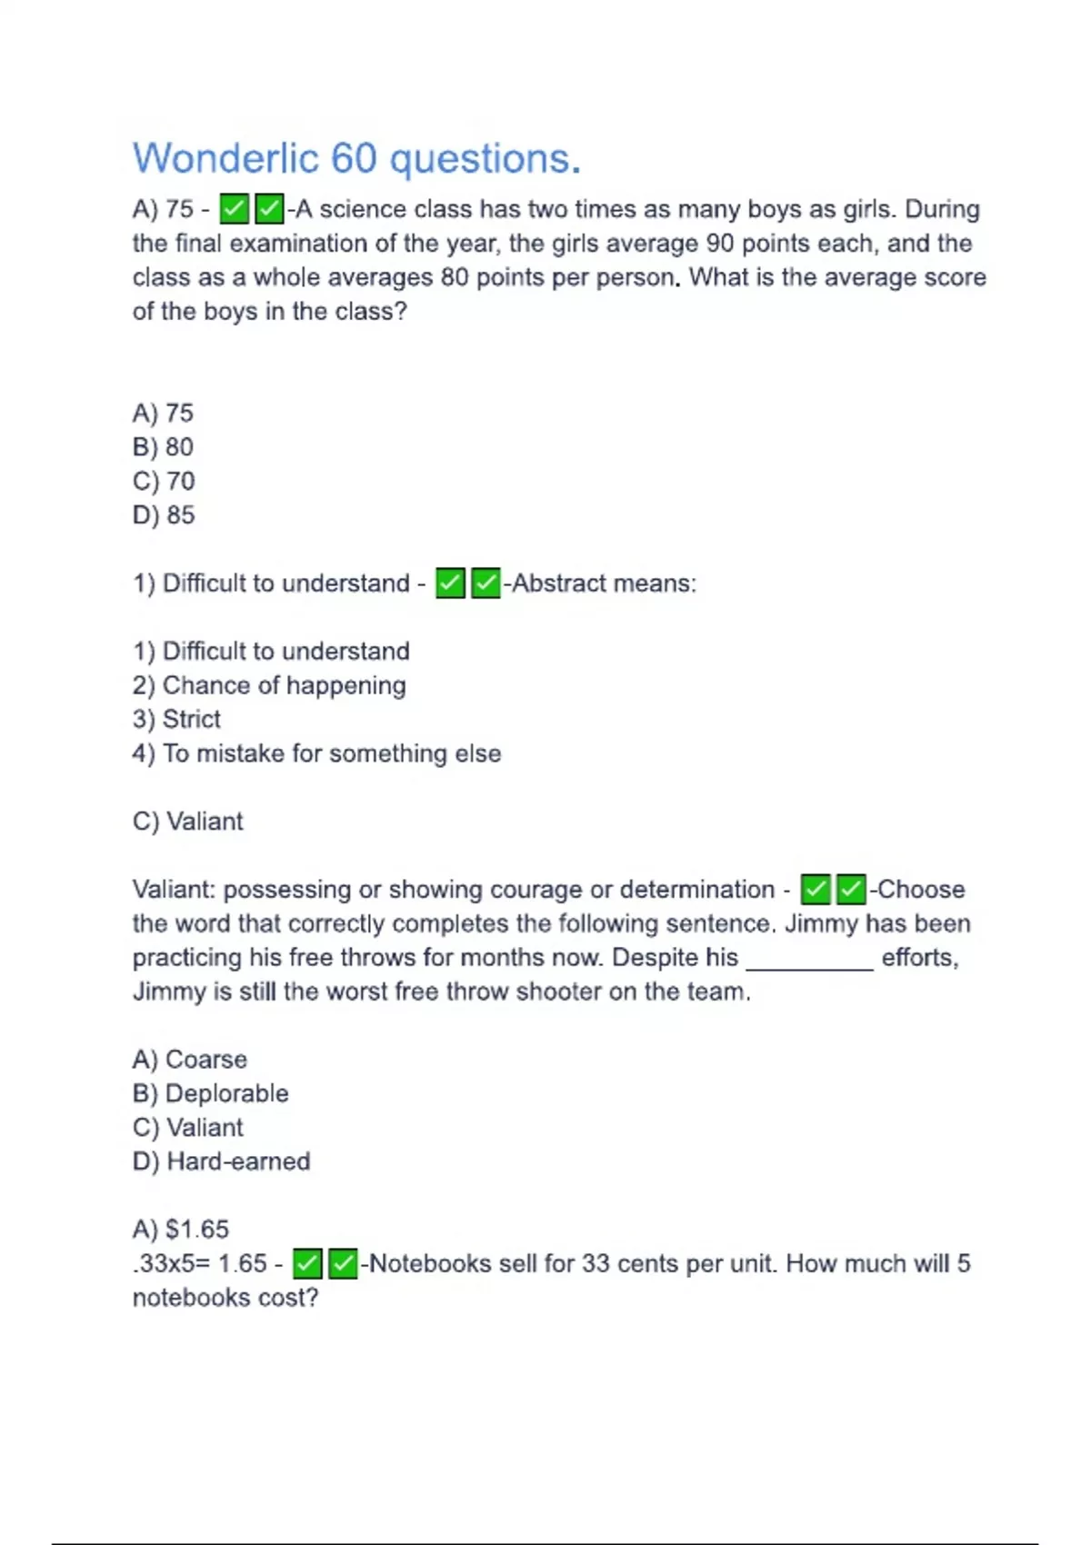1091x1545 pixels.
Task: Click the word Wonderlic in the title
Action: click(x=225, y=159)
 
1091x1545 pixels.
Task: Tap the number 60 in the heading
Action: click(x=353, y=159)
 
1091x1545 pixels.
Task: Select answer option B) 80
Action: click(x=163, y=447)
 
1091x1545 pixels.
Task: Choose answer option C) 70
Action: click(x=164, y=481)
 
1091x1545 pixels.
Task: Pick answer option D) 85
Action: click(x=164, y=515)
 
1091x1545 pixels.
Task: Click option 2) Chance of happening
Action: click(x=269, y=685)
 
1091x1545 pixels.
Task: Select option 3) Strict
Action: click(x=176, y=719)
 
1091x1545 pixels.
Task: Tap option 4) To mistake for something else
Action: click(x=316, y=753)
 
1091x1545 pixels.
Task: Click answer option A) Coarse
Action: click(x=189, y=1060)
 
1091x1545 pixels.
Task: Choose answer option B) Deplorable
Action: click(x=210, y=1093)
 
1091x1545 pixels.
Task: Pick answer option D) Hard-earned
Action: click(x=221, y=1161)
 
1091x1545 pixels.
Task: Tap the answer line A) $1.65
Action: click(x=180, y=1230)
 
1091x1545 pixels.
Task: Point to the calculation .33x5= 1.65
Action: click(x=200, y=1263)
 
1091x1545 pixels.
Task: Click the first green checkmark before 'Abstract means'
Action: click(x=450, y=583)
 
